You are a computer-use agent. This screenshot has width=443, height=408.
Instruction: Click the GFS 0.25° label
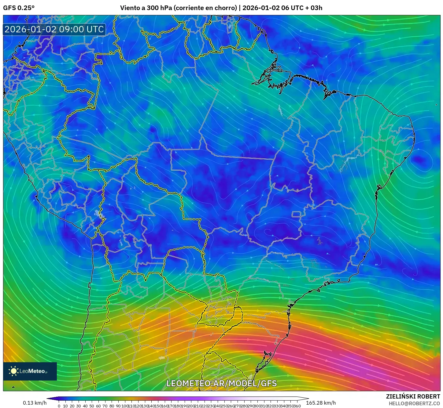(19, 8)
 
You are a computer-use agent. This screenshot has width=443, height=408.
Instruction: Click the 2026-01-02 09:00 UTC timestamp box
(54, 29)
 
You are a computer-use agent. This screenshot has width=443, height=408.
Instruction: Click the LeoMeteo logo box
(30, 371)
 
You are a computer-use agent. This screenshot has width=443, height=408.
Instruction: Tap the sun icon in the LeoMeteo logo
(14, 371)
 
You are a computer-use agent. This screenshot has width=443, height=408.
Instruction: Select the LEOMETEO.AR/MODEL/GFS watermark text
(222, 383)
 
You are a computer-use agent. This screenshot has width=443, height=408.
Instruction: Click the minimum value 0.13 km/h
(35, 403)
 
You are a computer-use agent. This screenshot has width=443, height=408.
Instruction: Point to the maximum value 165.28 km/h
(321, 403)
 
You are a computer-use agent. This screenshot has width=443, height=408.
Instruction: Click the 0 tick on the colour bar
(59, 406)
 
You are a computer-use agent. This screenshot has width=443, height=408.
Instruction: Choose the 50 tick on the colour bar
(92, 406)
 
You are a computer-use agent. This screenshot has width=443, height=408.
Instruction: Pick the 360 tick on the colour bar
(297, 406)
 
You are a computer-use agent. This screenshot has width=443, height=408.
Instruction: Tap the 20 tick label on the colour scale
(72, 406)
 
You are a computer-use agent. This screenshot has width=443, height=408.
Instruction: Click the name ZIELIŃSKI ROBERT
(413, 396)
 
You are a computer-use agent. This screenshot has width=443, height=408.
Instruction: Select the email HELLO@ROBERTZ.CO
(414, 403)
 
